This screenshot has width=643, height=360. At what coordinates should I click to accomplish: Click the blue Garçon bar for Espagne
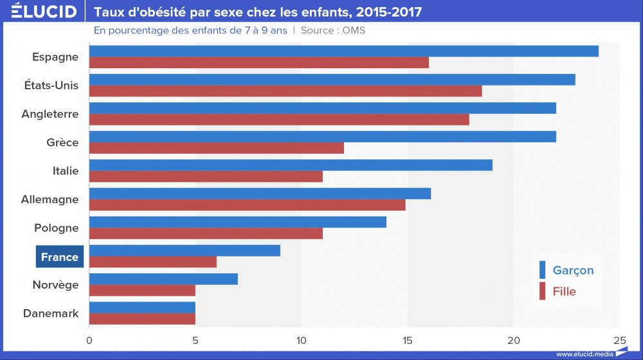tap(344, 51)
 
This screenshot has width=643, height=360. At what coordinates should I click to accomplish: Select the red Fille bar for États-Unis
tap(285, 91)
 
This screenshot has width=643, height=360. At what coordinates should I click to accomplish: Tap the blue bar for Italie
tap(291, 165)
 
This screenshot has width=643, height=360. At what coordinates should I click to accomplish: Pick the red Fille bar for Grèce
tap(217, 148)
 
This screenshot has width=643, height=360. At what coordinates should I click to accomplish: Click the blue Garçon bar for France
tap(185, 251)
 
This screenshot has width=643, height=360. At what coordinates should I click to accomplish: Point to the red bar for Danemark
tap(142, 319)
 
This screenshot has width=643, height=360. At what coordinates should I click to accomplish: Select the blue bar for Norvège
tap(163, 279)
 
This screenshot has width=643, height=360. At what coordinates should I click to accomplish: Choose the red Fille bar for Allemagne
tap(248, 205)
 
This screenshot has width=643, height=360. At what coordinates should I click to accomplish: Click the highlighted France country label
tap(59, 257)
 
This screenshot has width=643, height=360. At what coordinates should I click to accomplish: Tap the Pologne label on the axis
tap(57, 228)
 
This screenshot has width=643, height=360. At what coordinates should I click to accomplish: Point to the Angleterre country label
tap(50, 114)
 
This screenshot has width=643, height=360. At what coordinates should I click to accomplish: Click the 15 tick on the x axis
tap(408, 339)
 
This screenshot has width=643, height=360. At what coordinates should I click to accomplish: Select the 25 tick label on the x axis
tap(619, 339)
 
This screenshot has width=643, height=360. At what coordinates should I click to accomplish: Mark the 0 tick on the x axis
tap(89, 339)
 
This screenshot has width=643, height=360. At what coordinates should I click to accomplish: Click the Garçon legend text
tap(573, 271)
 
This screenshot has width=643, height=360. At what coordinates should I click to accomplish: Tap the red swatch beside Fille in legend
tap(542, 291)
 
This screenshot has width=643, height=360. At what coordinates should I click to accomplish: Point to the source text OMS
tap(353, 30)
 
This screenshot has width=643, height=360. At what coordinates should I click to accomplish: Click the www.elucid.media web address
tap(584, 354)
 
